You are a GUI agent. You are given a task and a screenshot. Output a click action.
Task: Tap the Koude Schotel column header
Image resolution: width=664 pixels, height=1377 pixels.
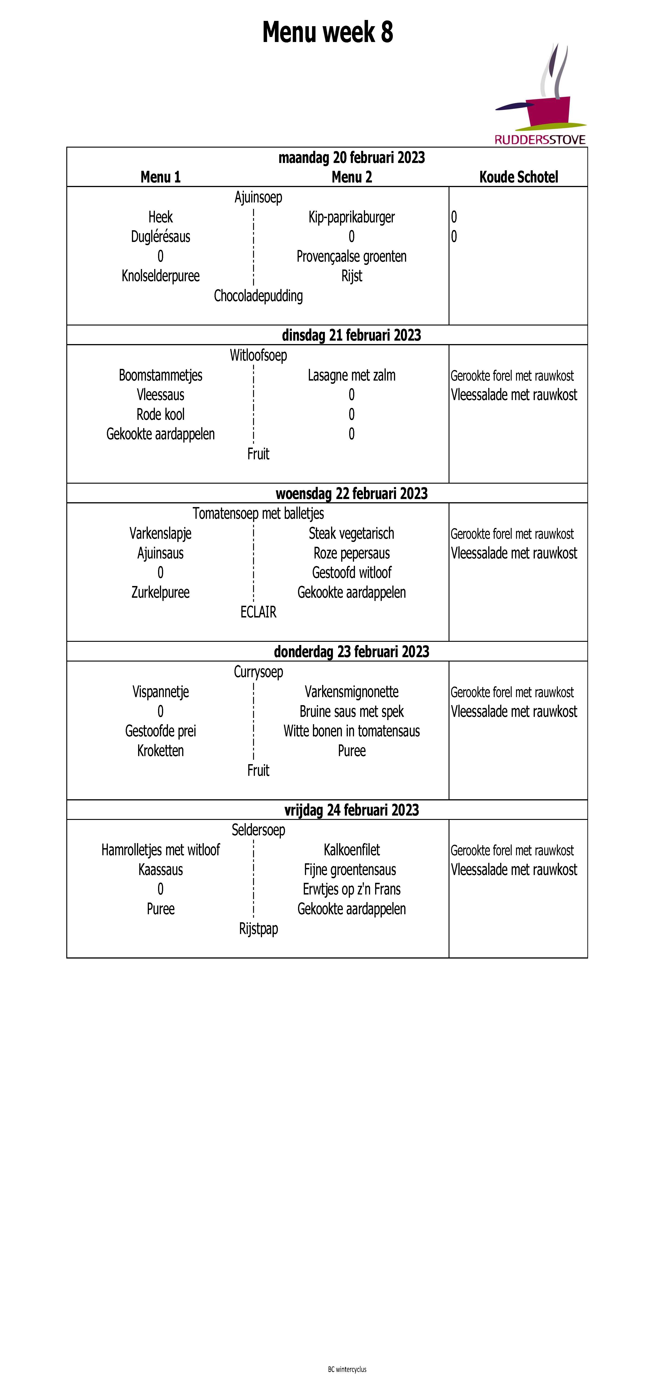[x=518, y=177]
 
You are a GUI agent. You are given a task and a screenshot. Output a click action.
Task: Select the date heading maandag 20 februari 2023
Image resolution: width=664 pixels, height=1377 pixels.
[x=352, y=158]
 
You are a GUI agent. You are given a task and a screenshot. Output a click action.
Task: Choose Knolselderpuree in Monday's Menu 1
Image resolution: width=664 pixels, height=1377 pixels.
[x=160, y=276]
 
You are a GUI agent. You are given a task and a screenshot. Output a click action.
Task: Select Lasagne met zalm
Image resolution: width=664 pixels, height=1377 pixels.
[x=352, y=375]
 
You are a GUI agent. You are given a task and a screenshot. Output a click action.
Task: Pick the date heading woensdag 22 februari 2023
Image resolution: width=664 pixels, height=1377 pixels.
[x=352, y=493]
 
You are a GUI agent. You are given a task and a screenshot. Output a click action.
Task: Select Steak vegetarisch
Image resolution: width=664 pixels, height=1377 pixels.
[x=352, y=533]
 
